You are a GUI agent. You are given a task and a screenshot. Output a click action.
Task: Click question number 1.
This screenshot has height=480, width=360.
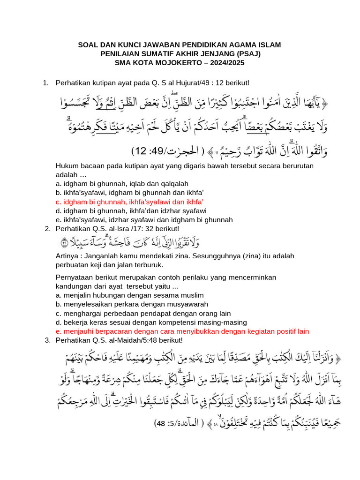pos(45,83)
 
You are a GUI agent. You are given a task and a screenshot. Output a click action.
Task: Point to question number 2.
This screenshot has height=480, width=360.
pos(47,229)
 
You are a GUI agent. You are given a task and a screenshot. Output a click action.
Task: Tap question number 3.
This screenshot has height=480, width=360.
pos(47,340)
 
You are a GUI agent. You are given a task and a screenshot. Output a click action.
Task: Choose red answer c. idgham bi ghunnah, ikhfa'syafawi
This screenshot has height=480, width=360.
pos(129,202)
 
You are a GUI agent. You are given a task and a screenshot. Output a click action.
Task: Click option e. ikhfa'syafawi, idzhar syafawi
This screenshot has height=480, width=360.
pos(144,220)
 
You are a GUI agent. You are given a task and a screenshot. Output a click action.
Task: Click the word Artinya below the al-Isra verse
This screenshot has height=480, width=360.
pos(68,256)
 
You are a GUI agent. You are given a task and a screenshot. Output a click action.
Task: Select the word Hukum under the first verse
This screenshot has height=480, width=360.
pos(67,166)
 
